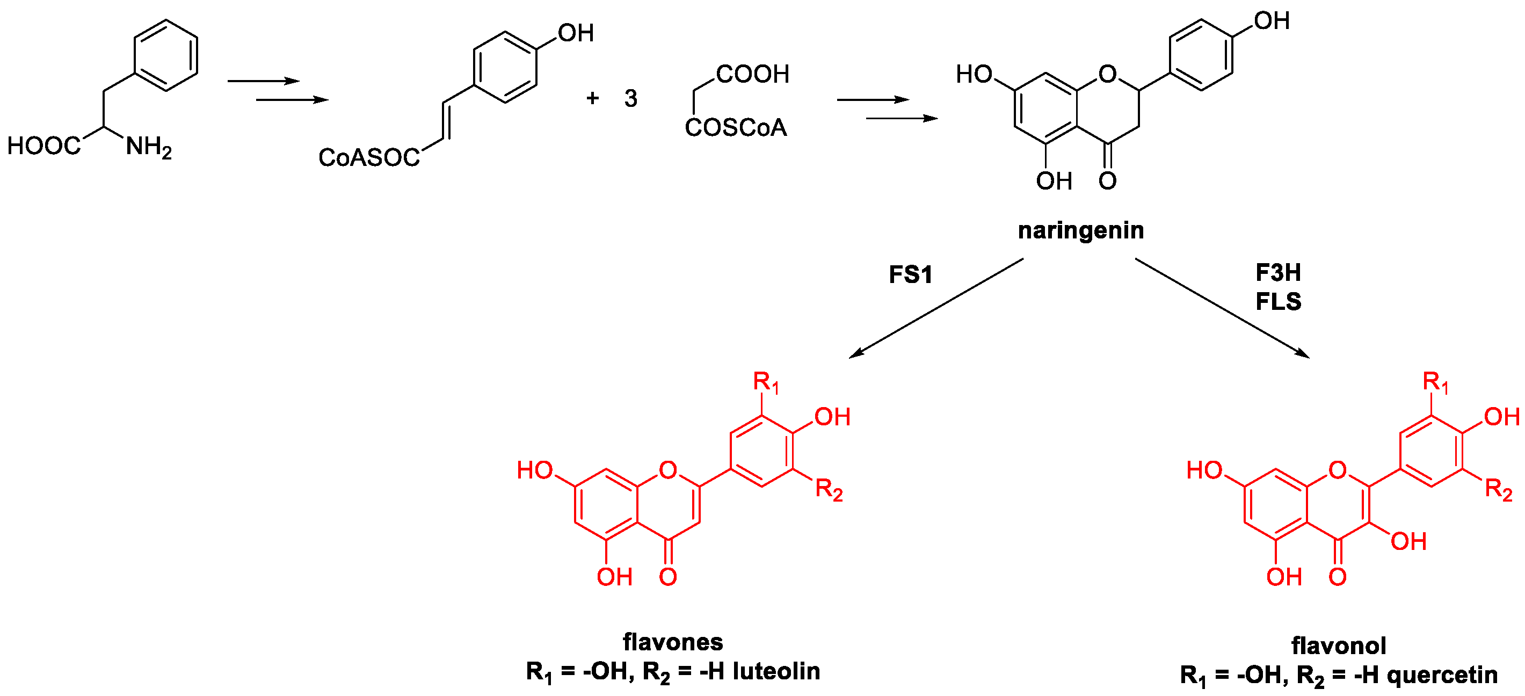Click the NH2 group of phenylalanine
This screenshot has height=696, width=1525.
(x=148, y=147)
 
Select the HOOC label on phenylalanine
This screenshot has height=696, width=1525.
(x=43, y=146)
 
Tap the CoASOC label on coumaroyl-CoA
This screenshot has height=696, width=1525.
(x=369, y=157)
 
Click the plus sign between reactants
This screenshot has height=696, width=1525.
(x=592, y=98)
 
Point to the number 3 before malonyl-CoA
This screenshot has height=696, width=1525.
(x=630, y=98)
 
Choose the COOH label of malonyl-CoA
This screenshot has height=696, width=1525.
(x=752, y=75)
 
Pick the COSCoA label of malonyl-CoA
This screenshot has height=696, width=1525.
(x=736, y=128)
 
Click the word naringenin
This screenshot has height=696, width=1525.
(x=1080, y=230)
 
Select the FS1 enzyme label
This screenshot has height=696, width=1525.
(x=911, y=274)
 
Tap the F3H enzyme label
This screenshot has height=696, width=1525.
(x=1278, y=273)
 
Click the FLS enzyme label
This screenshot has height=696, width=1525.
(x=1278, y=302)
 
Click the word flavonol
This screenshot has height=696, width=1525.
(x=1339, y=646)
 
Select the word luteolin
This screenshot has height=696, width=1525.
(x=776, y=671)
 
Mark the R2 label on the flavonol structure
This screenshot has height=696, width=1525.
(x=1498, y=490)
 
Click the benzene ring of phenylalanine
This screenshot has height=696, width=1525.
(x=166, y=56)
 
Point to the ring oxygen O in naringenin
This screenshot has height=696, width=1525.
(x=1107, y=75)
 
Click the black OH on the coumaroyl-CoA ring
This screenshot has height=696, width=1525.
(x=576, y=33)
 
